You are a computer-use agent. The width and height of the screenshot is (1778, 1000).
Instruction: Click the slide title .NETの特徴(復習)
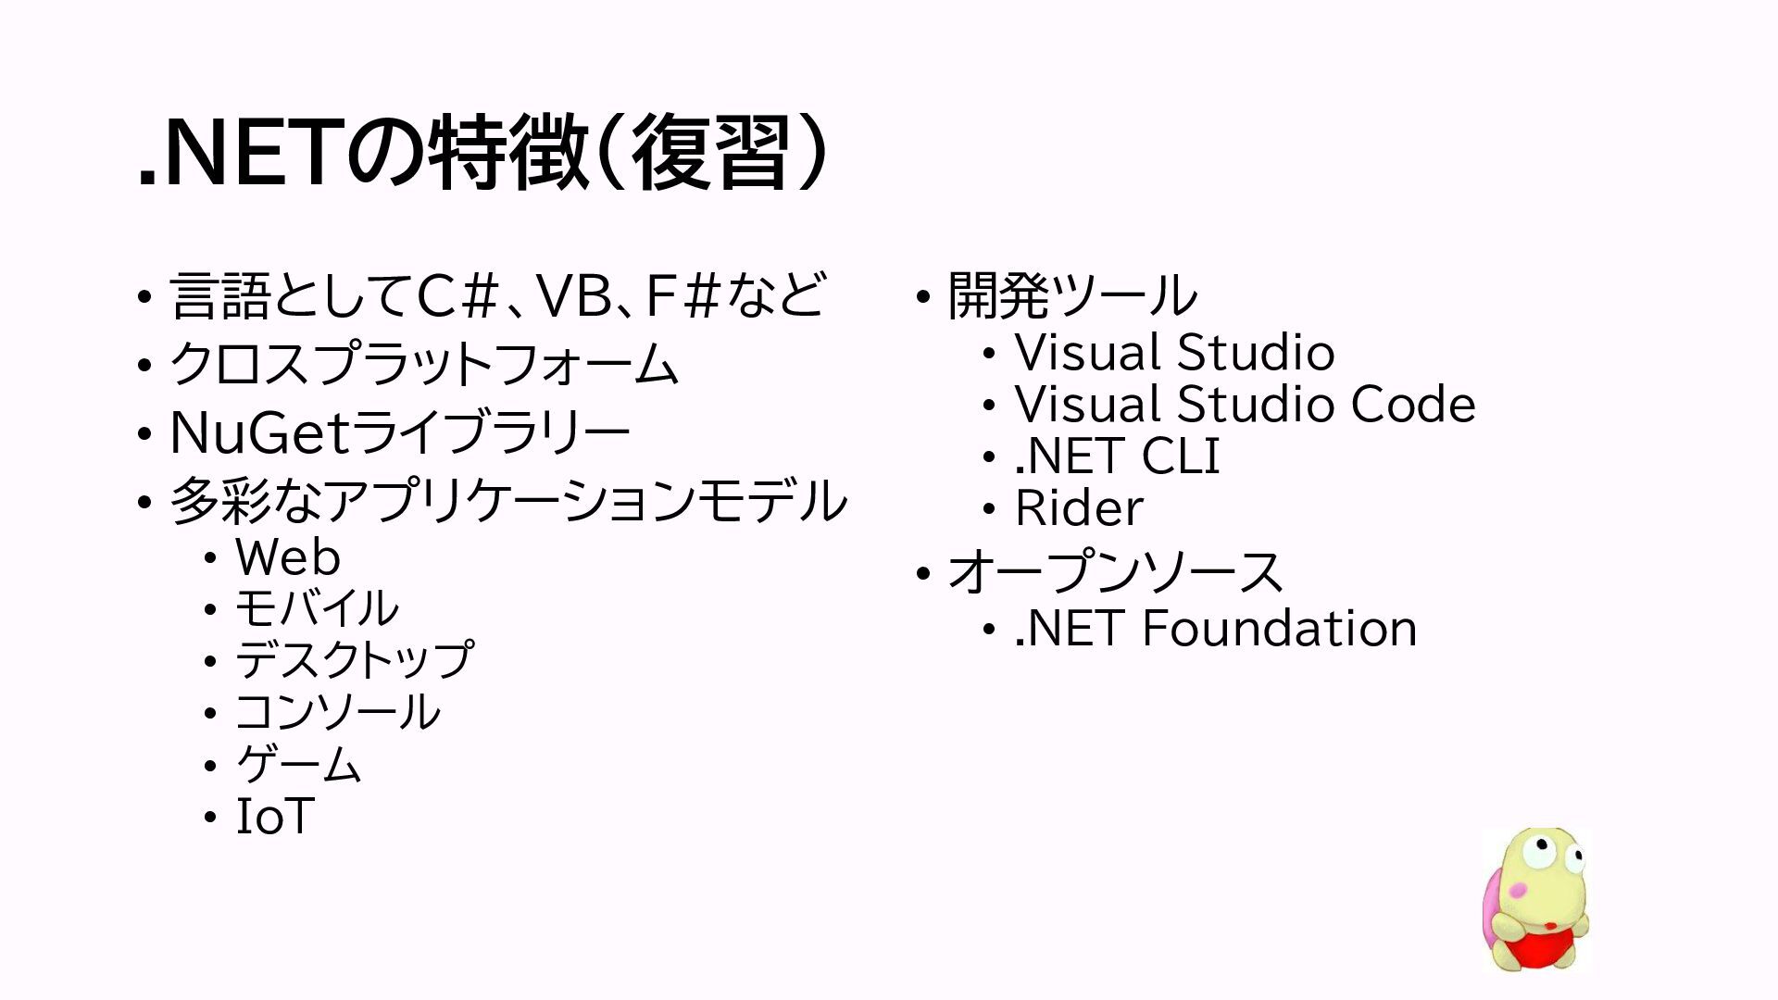pyautogui.click(x=482, y=153)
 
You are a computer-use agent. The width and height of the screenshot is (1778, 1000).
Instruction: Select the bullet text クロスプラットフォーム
pyautogui.click(x=423, y=364)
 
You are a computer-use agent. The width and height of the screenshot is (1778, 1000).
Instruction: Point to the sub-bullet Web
pyautogui.click(x=287, y=557)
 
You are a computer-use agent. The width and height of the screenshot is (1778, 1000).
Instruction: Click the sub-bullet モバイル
pyautogui.click(x=316, y=608)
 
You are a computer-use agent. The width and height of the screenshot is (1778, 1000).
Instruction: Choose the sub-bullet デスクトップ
pyautogui.click(x=354, y=660)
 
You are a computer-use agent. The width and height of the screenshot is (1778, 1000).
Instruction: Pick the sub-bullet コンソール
pyautogui.click(x=337, y=712)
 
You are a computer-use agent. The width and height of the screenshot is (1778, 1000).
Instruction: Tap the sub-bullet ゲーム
pyautogui.click(x=298, y=764)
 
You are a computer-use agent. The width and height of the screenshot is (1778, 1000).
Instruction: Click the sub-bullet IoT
pyautogui.click(x=275, y=817)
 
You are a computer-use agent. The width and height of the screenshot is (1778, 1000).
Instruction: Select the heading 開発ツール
pyautogui.click(x=1071, y=296)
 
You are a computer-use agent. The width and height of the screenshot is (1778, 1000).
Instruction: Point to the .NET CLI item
pyautogui.click(x=1117, y=456)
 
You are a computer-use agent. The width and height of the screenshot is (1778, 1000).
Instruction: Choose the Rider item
pyautogui.click(x=1079, y=508)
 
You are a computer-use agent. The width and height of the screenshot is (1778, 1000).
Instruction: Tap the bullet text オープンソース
pyautogui.click(x=1114, y=572)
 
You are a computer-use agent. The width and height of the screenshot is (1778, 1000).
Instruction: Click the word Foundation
pyautogui.click(x=1279, y=629)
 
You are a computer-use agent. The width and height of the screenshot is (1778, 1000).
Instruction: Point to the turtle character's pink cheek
pyautogui.click(x=1517, y=890)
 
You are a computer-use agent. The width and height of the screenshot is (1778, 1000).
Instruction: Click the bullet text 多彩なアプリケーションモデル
pyautogui.click(x=507, y=501)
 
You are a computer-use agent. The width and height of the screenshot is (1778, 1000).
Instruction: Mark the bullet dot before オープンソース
pyautogui.click(x=922, y=574)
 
